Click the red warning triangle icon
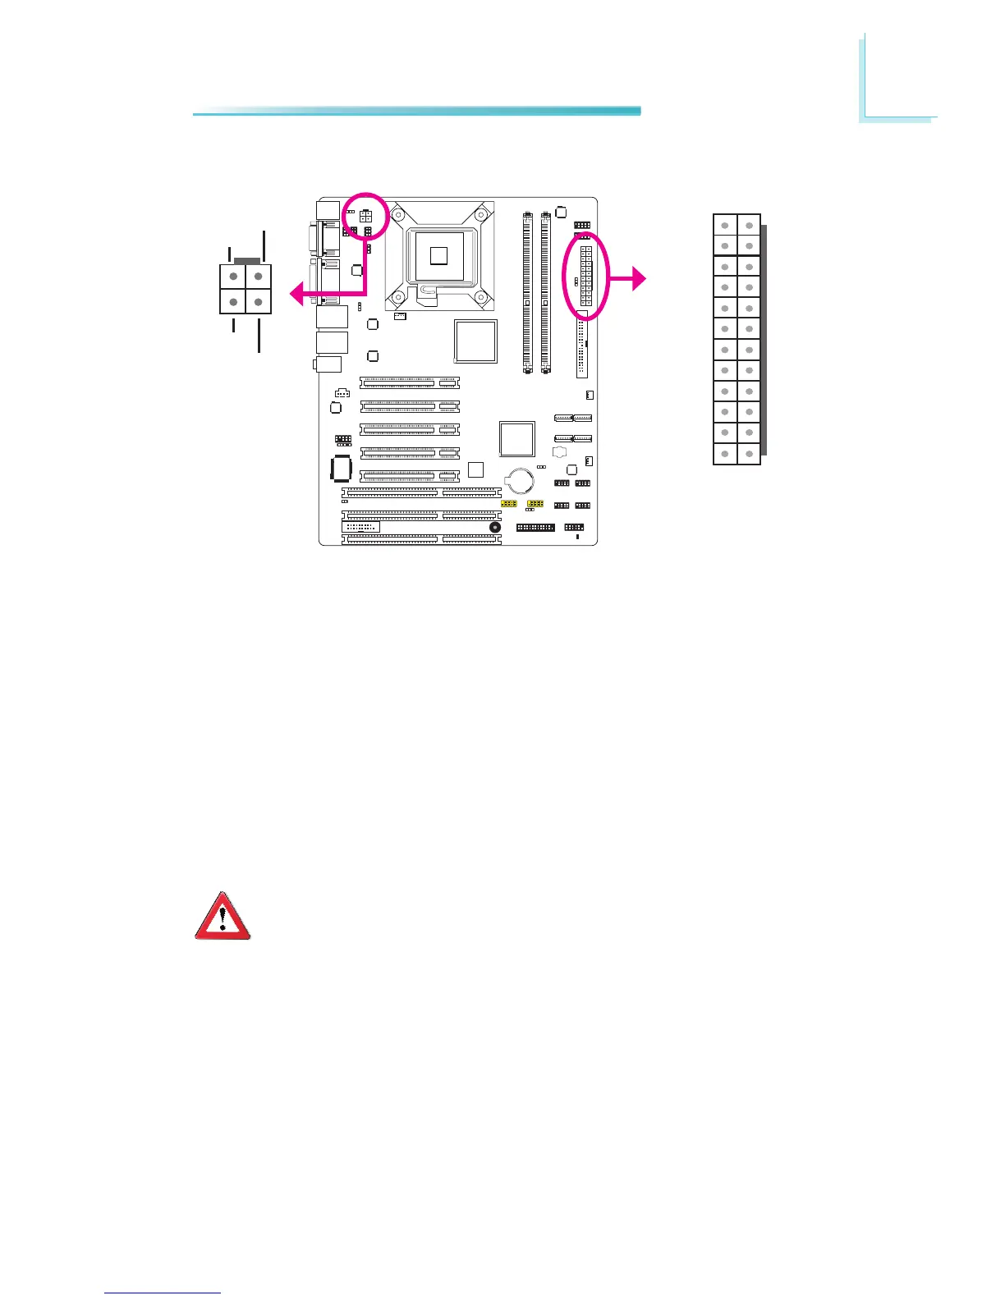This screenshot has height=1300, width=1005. (x=223, y=917)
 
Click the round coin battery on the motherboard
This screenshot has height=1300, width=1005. (x=520, y=479)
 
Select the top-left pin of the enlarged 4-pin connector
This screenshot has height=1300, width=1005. (x=234, y=277)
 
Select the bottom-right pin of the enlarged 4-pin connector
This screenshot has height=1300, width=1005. (x=259, y=302)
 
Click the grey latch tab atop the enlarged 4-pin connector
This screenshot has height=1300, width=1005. (x=246, y=260)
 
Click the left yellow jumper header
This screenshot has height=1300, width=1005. (x=509, y=502)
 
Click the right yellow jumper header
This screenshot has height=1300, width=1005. (x=535, y=502)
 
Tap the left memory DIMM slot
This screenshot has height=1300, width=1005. (x=526, y=293)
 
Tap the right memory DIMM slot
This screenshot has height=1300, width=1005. (x=545, y=293)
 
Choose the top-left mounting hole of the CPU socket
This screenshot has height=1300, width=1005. (x=397, y=214)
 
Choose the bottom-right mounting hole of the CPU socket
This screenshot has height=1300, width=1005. (x=480, y=296)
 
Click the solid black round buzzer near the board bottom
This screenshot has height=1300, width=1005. (x=494, y=528)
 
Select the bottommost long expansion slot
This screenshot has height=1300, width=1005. (x=421, y=539)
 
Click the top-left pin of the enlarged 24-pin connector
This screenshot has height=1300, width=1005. (x=725, y=225)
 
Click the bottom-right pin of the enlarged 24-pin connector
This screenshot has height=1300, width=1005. (x=749, y=454)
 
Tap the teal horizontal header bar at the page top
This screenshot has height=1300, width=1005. (x=416, y=111)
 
